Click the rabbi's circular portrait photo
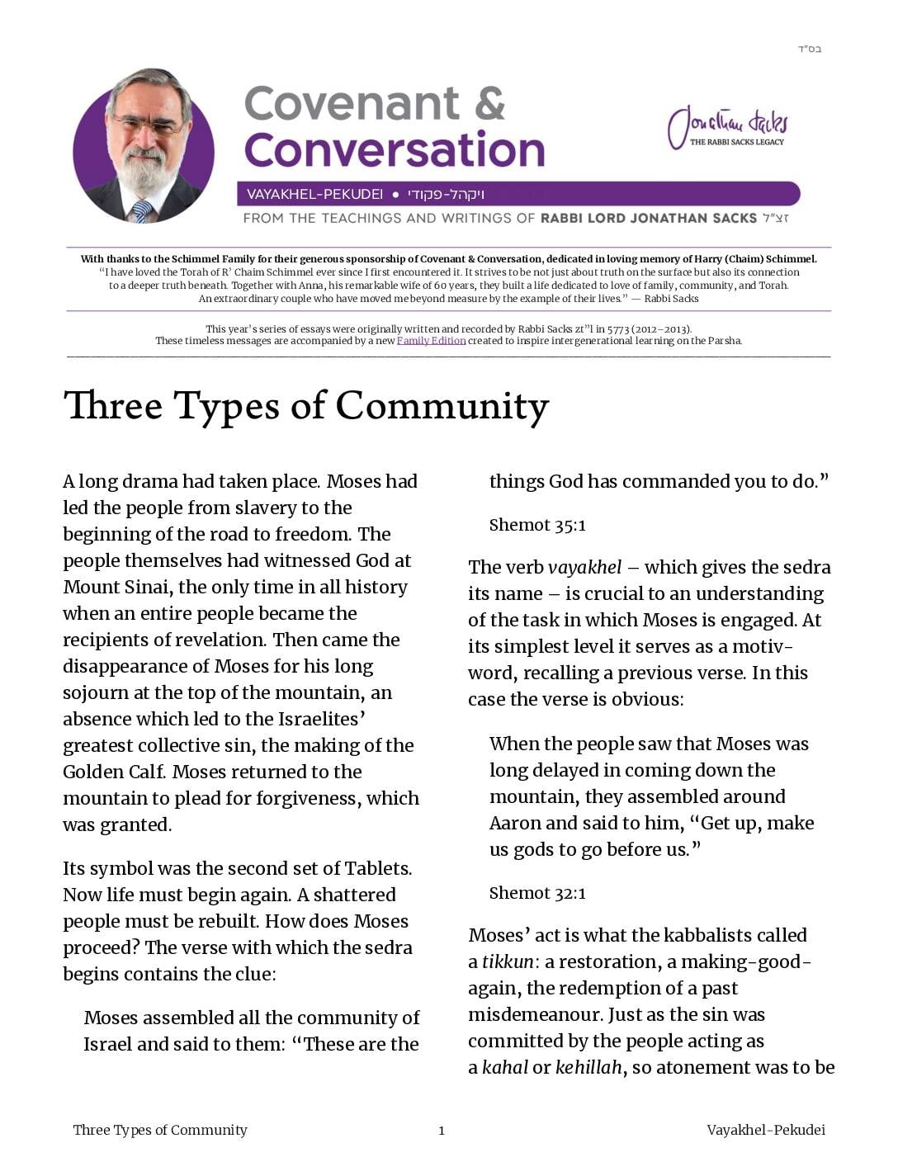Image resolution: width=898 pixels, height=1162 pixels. pos(144,147)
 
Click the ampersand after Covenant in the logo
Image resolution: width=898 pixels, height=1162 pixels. pos(489,104)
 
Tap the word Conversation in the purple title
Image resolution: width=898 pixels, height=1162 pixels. pos(395,150)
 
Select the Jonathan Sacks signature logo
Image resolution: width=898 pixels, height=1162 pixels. pos(727,127)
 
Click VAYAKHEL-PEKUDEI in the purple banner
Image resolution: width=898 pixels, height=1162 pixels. pos(314,195)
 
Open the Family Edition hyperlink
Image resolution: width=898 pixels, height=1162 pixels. pos(431,341)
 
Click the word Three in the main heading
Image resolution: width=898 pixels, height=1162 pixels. pos(112,406)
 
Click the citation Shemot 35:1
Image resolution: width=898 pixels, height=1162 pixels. pos(537,525)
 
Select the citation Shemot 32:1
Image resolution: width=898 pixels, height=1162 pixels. pos(537,893)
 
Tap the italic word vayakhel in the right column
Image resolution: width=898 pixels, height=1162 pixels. pos(584,568)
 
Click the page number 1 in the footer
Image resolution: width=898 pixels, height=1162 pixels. pos(442,1131)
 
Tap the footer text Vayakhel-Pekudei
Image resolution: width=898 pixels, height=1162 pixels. pos(765,1131)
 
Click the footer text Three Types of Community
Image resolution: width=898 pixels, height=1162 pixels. pos(160,1131)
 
